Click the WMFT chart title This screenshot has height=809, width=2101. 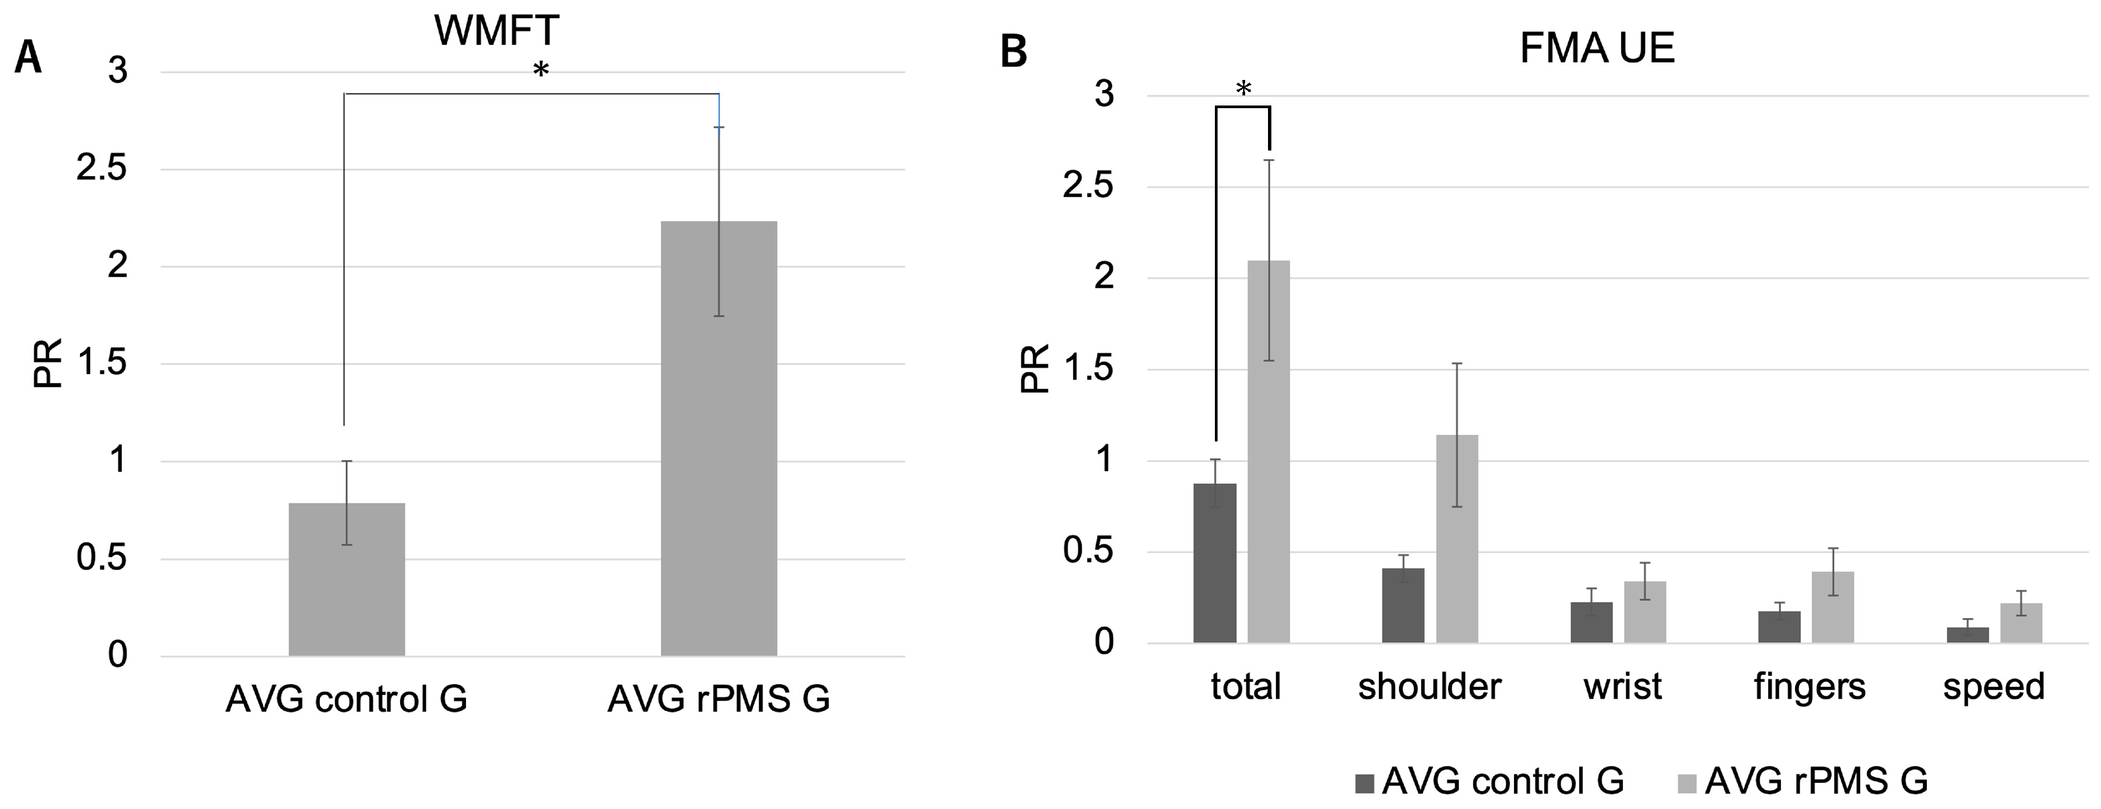pyautogui.click(x=496, y=31)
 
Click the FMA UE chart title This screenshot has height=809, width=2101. pyautogui.click(x=1596, y=48)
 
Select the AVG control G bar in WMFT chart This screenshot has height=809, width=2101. pyautogui.click(x=347, y=579)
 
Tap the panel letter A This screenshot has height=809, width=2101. pyautogui.click(x=28, y=58)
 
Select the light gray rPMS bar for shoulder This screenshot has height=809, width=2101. pyautogui.click(x=1457, y=538)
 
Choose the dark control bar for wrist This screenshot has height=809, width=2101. pyautogui.click(x=1591, y=622)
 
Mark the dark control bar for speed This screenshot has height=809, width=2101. pyautogui.click(x=1967, y=634)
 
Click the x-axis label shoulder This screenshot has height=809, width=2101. pyautogui.click(x=1429, y=687)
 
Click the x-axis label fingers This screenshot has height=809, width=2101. pyautogui.click(x=1810, y=687)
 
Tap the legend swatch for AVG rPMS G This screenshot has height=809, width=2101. pyautogui.click(x=1687, y=783)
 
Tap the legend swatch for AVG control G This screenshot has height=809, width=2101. pyautogui.click(x=1365, y=783)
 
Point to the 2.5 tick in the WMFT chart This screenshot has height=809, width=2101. pyautogui.click(x=102, y=169)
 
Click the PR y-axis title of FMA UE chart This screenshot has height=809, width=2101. pyautogui.click(x=1034, y=369)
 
